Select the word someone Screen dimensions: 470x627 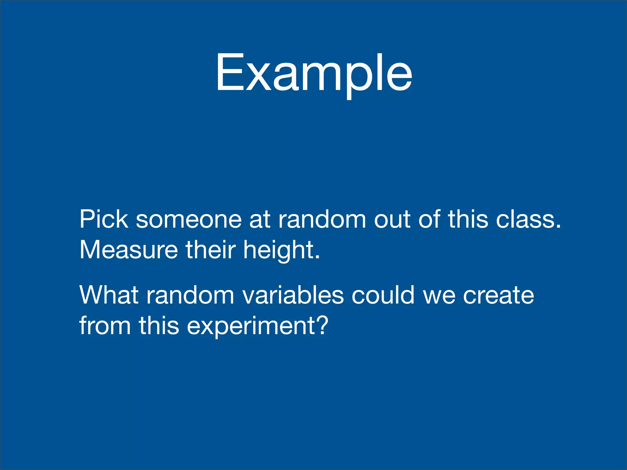(x=189, y=220)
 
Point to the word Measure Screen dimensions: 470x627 (x=129, y=250)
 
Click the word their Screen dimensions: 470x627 (x=211, y=250)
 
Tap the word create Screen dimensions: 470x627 (x=498, y=296)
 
